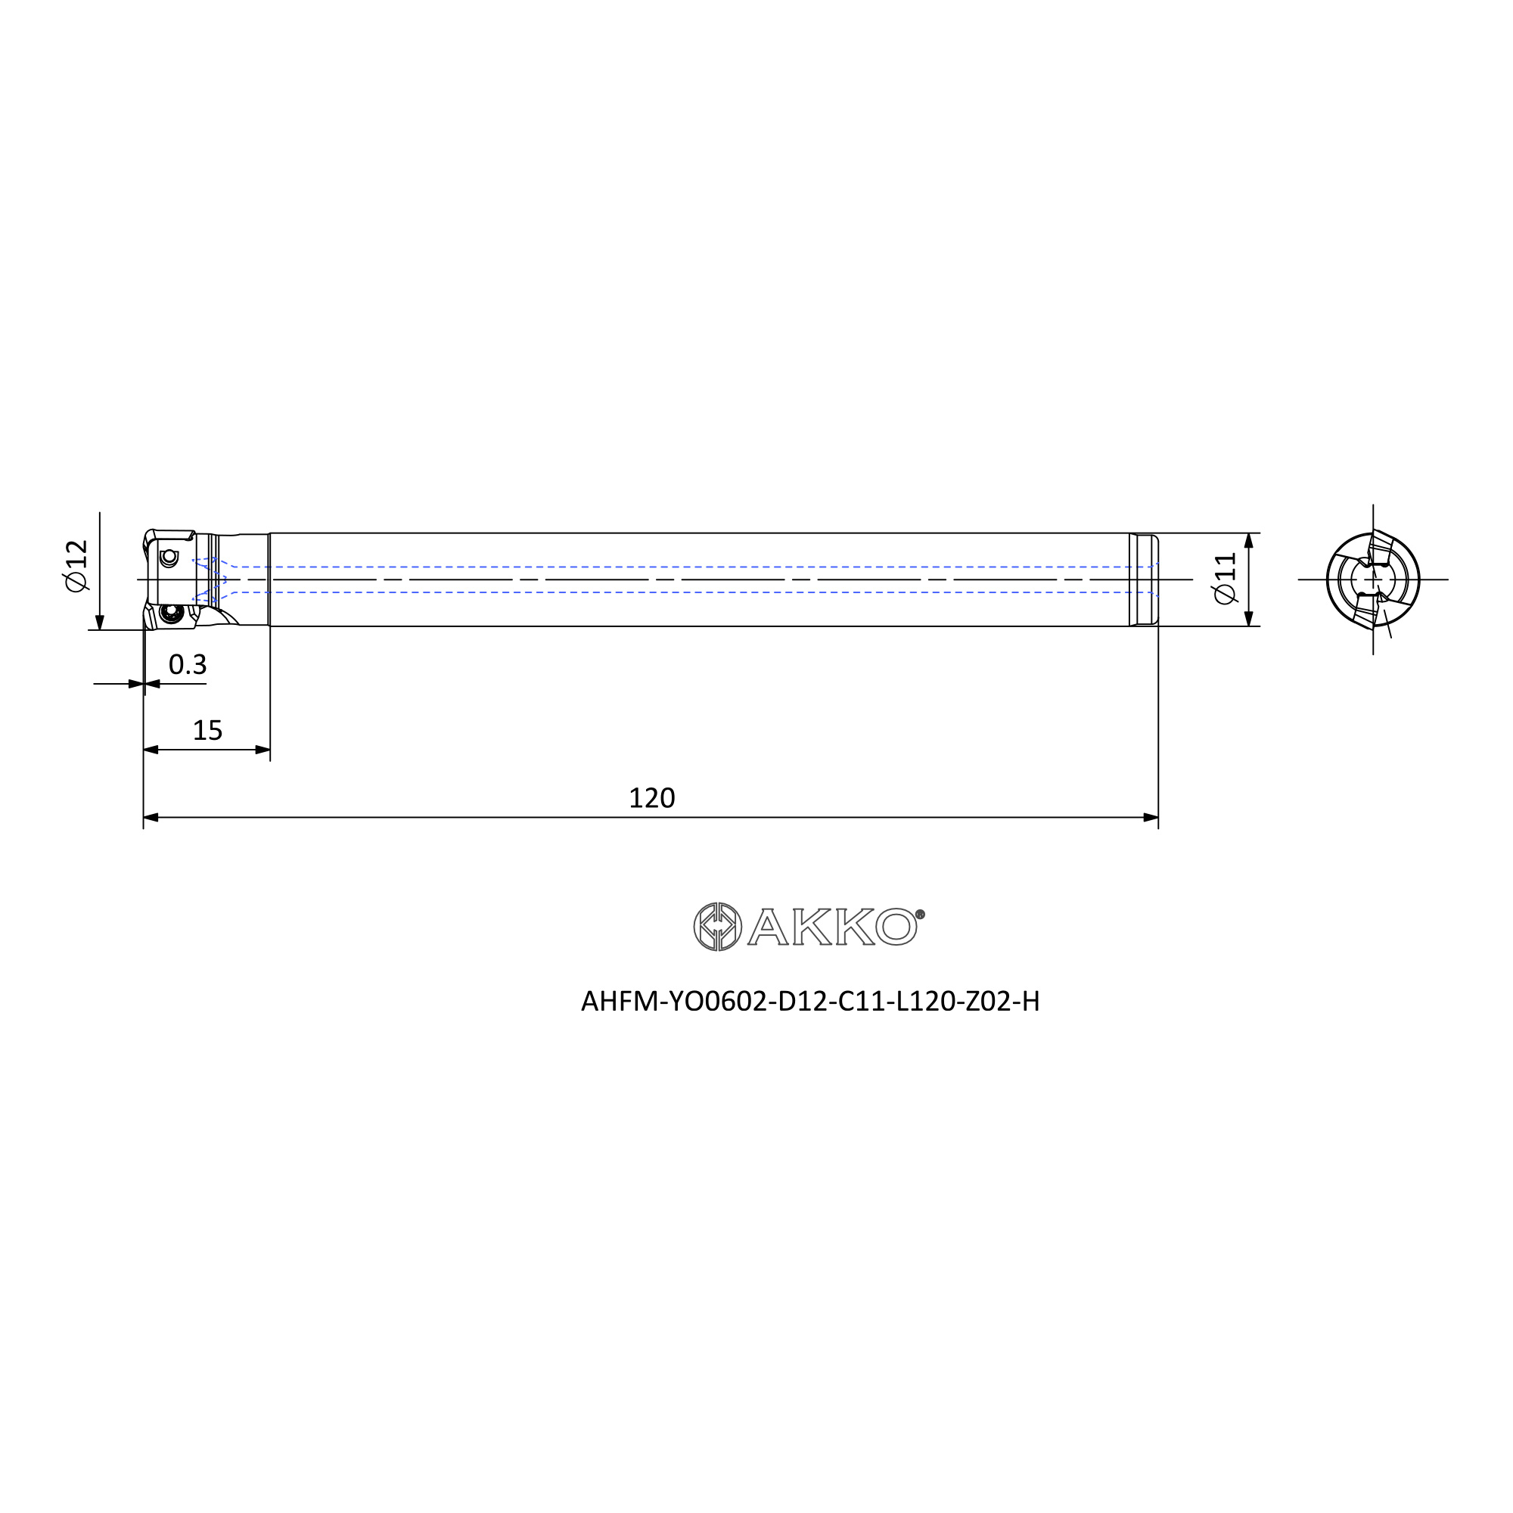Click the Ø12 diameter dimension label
(76, 565)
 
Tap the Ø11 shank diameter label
(1225, 579)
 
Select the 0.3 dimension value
(188, 665)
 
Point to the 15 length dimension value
(207, 731)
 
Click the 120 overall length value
(651, 798)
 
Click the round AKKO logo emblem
(717, 927)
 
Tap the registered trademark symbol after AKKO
(920, 915)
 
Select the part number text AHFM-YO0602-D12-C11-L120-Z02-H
(810, 1002)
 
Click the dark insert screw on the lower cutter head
(169, 614)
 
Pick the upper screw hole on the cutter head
(169, 557)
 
